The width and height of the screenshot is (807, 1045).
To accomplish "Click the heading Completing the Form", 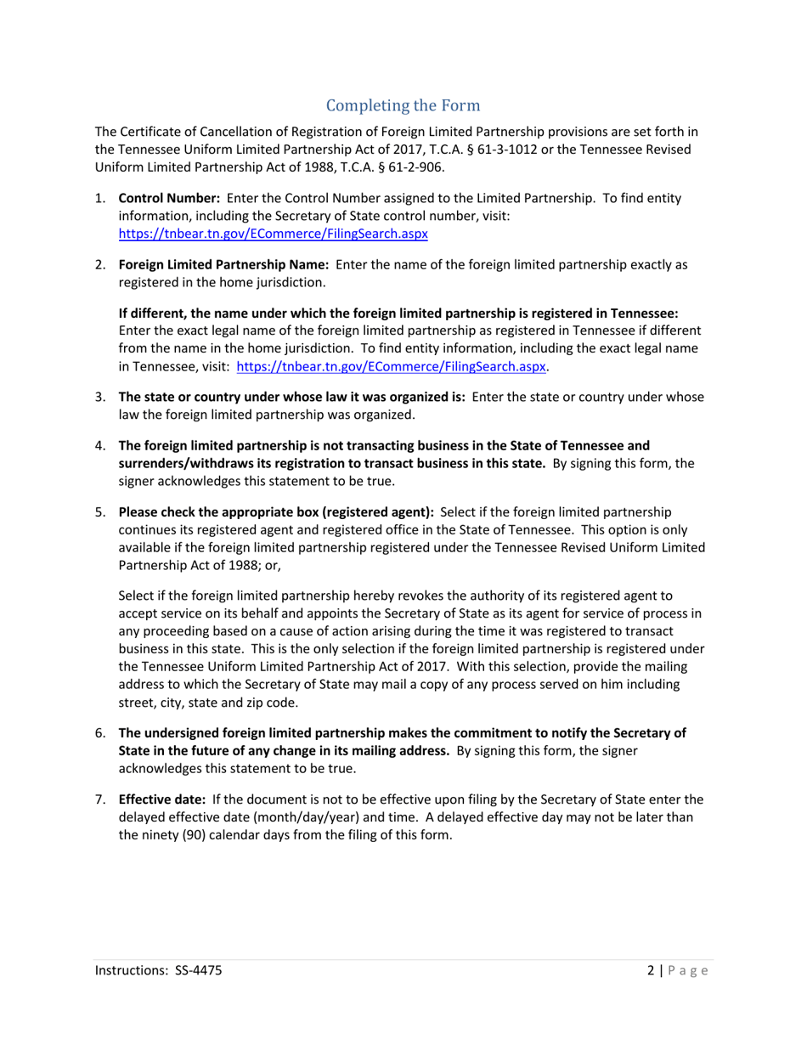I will (x=403, y=106).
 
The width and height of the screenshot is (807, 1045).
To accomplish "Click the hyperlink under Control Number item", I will (x=273, y=231).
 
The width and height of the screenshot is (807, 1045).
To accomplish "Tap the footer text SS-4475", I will (x=200, y=970).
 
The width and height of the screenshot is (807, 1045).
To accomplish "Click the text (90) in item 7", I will (x=195, y=834).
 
